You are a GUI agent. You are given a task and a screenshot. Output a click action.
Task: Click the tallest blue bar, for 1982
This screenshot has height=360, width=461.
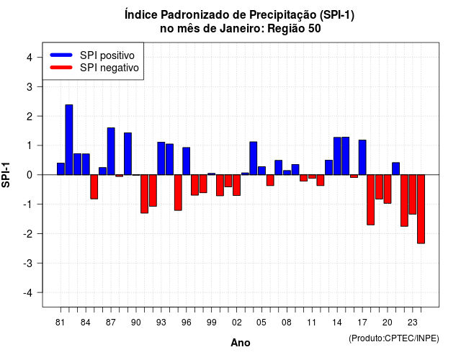[69, 140]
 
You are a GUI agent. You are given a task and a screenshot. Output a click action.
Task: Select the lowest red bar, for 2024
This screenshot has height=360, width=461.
[421, 209]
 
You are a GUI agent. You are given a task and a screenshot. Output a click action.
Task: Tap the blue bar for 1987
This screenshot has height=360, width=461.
[111, 151]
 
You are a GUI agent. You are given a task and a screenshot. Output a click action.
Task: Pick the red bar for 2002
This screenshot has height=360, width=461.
[237, 185]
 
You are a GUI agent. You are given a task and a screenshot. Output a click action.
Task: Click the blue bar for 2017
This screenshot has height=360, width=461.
[362, 158]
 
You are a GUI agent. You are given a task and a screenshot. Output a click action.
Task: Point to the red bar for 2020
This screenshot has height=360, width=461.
[388, 189]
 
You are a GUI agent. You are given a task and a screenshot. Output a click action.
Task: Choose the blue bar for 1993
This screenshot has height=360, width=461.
[161, 158]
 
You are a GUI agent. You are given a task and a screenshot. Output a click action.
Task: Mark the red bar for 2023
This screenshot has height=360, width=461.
[413, 194]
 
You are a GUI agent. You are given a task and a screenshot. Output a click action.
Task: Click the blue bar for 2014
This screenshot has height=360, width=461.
[337, 156]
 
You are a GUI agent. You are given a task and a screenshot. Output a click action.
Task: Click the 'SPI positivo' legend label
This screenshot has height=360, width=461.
[107, 55]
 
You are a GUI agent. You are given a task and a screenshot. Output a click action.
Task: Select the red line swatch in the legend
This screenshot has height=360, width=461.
[61, 68]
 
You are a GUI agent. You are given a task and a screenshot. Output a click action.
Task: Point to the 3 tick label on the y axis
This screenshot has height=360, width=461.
[30, 86]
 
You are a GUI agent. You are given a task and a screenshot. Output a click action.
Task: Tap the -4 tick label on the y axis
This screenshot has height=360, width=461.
[27, 293]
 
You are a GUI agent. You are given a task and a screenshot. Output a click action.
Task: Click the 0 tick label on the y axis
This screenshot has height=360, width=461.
[30, 175]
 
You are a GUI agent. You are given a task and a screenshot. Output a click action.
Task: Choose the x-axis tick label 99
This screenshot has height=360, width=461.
[211, 323]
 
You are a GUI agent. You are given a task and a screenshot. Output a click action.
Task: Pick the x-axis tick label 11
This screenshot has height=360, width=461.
[312, 323]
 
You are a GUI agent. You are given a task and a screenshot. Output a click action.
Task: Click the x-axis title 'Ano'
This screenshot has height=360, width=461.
[241, 343]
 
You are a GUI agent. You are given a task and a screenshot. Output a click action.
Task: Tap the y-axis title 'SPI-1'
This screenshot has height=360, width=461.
[6, 175]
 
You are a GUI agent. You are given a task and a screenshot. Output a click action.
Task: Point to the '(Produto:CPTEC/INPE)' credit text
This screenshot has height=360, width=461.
[394, 338]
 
